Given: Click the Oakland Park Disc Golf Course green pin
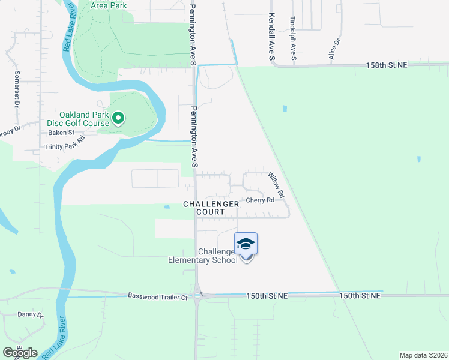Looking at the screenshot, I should (118, 119).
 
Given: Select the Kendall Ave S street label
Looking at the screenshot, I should (271, 37).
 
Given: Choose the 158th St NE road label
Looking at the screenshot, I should (387, 64).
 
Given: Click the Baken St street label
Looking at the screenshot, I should (61, 133).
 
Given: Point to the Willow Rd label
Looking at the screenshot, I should (276, 185).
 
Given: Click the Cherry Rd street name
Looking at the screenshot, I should (260, 200).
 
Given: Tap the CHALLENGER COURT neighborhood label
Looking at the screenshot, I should (211, 208).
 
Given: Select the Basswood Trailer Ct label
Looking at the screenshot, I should (158, 296).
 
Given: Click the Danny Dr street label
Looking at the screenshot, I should (31, 314).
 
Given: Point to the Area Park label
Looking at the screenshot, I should (109, 5).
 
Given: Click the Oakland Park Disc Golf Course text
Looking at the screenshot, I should (84, 119).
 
